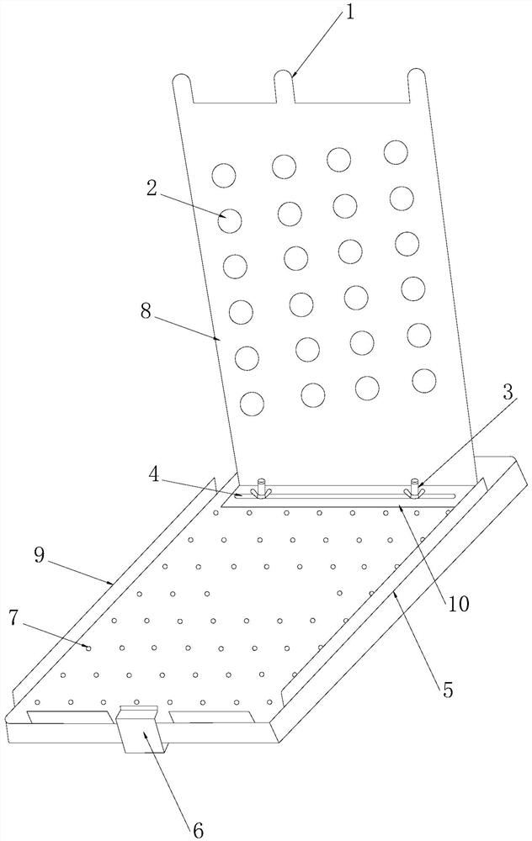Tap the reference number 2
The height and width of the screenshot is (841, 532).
[152, 188]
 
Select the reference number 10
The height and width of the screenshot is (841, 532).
[459, 602]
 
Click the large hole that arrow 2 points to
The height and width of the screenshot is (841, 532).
[230, 221]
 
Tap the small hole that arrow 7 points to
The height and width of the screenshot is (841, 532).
[88, 648]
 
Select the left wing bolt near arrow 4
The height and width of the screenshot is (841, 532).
[259, 488]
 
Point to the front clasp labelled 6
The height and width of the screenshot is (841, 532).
[138, 728]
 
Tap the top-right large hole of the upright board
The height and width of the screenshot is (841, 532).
[396, 152]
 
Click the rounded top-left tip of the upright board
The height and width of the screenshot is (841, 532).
[181, 82]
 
